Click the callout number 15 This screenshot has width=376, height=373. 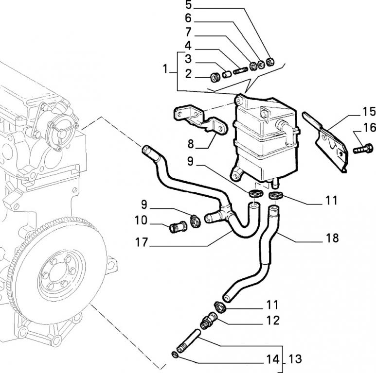point(369,112)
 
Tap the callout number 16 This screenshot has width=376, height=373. point(369,128)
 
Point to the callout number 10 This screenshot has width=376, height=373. point(141,220)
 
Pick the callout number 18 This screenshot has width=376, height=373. point(333,238)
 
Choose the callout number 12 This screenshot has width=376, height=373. point(272,321)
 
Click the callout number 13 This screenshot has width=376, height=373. point(295,360)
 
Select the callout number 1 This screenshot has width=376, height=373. point(165,69)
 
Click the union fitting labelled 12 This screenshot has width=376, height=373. point(210,321)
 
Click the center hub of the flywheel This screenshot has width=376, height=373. point(63,272)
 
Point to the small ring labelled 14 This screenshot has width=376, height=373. point(175,354)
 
